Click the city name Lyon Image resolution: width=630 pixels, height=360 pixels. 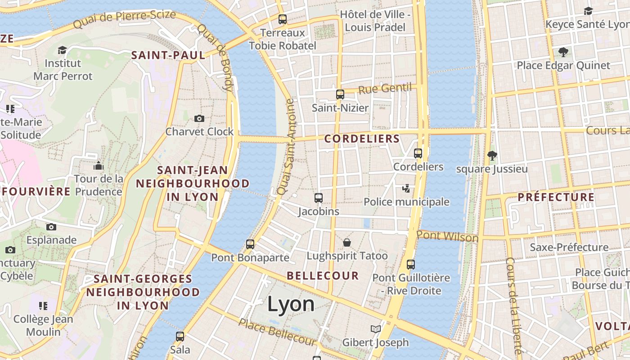[x=291, y=304]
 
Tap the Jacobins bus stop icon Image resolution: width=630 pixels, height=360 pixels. [x=319, y=198]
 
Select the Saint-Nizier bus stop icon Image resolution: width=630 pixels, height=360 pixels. [x=340, y=94]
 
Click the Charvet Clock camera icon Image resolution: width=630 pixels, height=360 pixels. [x=199, y=118]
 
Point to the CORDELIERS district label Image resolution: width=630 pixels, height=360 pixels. [x=362, y=139]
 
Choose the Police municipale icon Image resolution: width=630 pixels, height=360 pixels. [x=406, y=188]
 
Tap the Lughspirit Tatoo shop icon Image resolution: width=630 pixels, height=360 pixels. [x=347, y=243]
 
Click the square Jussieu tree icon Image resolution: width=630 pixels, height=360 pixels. [x=492, y=156]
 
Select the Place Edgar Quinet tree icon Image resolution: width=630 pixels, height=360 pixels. [x=563, y=52]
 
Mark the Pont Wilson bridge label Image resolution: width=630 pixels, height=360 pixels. [x=447, y=236]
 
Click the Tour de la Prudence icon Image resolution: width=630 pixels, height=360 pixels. [x=99, y=166]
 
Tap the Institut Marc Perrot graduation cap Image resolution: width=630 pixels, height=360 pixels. [x=63, y=49]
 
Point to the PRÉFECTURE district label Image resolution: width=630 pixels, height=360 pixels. [x=556, y=197]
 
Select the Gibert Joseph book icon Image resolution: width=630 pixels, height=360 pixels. [x=376, y=329]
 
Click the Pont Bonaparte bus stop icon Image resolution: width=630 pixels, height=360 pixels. [x=250, y=244]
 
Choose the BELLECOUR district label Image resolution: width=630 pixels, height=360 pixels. [x=323, y=275]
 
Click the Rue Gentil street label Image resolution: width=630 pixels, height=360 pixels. [x=385, y=88]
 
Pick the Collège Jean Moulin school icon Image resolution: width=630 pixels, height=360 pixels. [x=43, y=306]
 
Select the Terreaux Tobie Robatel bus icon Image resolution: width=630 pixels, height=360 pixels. [x=283, y=19]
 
